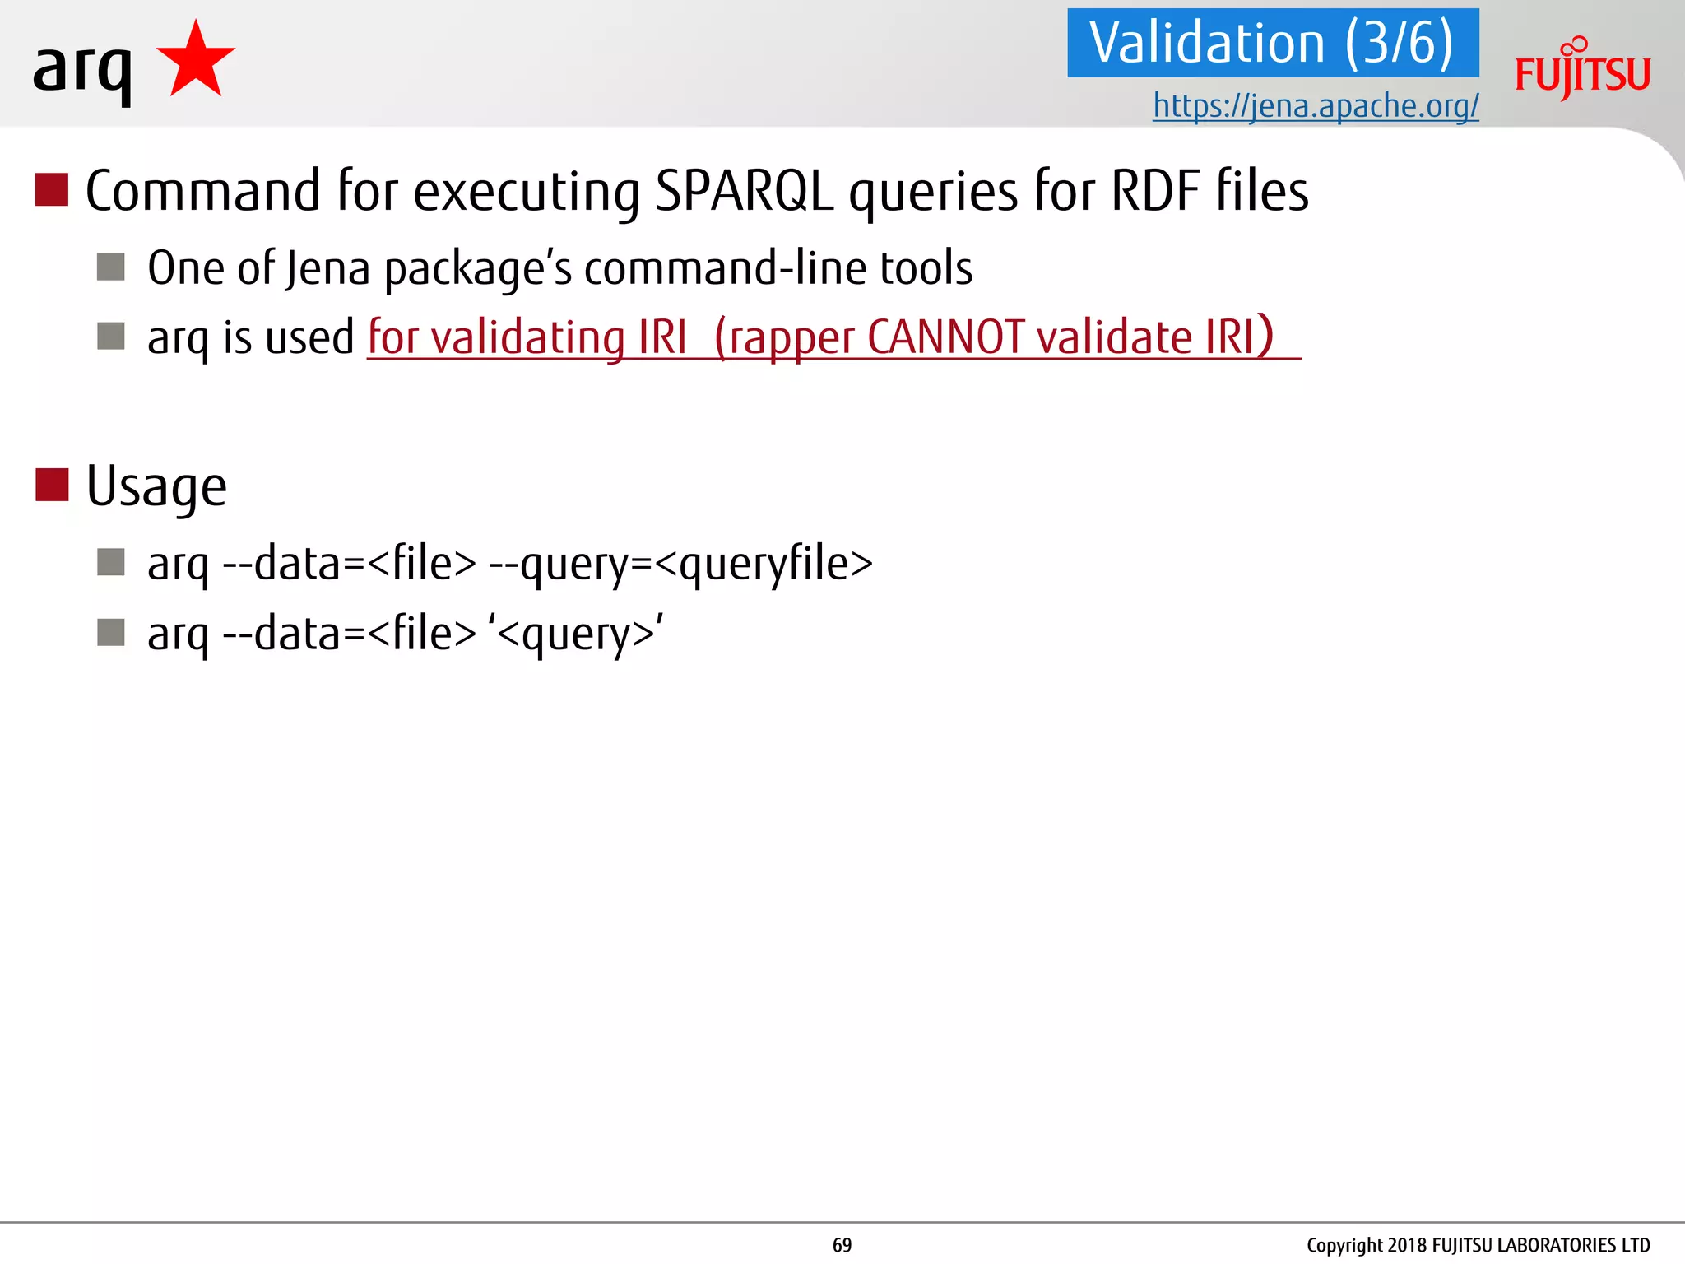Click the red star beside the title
pyautogui.click(x=196, y=62)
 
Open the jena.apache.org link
pyautogui.click(x=1316, y=105)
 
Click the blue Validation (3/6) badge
pyautogui.click(x=1272, y=43)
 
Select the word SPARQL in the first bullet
pyautogui.click(x=745, y=191)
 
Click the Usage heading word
pyautogui.click(x=156, y=486)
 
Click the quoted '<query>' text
pyautogui.click(x=576, y=634)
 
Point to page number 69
pyautogui.click(x=842, y=1245)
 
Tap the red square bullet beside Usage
pyautogui.click(x=52, y=485)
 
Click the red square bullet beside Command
pyautogui.click(x=52, y=189)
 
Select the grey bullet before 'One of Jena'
pyautogui.click(x=111, y=267)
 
